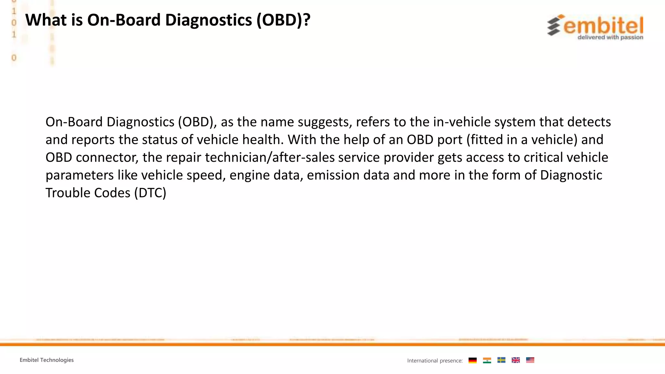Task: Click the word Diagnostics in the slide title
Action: coord(208,20)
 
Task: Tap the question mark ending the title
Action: coord(307,20)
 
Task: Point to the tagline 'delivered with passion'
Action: coord(610,37)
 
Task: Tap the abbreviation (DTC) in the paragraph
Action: coord(150,193)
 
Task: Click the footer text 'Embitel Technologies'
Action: coord(47,360)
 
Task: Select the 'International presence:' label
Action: coord(435,361)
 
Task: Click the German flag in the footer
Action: coord(472,360)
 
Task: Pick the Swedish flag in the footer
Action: coord(501,360)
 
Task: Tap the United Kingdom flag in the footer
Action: coord(516,360)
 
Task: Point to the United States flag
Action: coord(530,360)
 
